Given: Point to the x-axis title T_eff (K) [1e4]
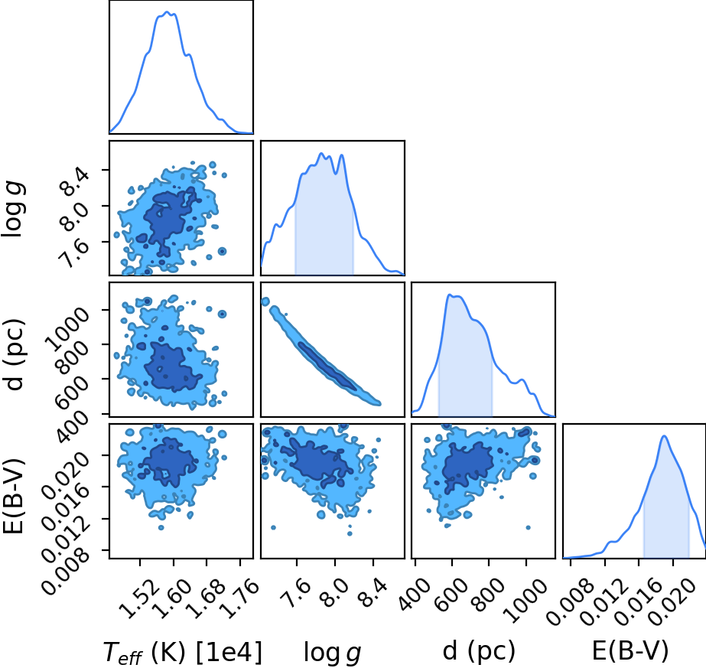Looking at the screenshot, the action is (182, 652).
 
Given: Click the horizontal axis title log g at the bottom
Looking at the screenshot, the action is (332, 652).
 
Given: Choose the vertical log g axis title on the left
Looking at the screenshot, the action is (14, 209).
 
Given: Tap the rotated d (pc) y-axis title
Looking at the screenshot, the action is (14, 355).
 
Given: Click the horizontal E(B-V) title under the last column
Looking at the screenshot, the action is (630, 650).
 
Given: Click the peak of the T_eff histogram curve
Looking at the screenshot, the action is (167, 11).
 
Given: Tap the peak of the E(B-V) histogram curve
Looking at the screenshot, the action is (664, 435).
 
